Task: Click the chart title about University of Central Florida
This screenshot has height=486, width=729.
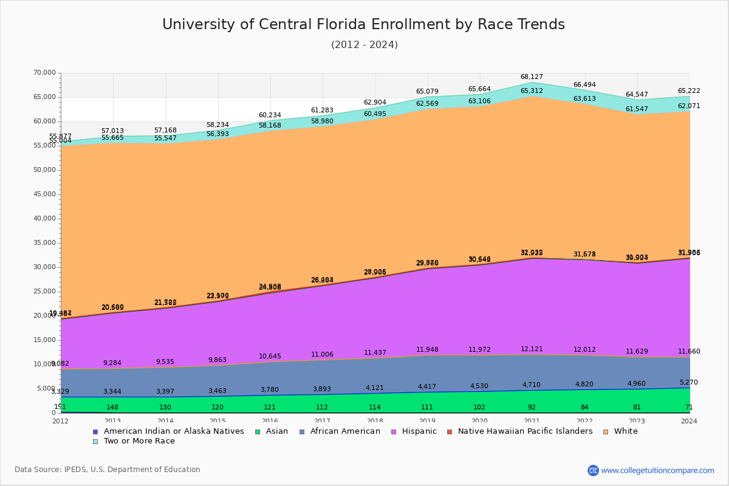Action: click(x=363, y=24)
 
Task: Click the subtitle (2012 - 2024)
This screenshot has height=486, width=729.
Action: click(x=364, y=45)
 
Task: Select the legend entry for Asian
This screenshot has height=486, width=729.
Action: click(x=277, y=431)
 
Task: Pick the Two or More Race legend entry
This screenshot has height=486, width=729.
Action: click(x=139, y=441)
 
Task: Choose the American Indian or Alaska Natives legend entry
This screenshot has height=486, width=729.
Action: click(x=173, y=431)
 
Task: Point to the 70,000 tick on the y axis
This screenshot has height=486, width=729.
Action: click(x=44, y=73)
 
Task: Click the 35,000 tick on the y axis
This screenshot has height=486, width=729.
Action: click(x=44, y=243)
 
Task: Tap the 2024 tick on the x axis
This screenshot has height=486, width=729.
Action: click(x=689, y=421)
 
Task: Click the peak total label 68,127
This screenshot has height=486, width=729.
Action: click(x=532, y=77)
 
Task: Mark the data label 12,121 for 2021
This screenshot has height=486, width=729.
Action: click(x=532, y=349)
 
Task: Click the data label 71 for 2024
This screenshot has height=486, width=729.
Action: click(x=689, y=407)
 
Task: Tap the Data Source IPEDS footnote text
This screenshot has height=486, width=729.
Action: click(x=107, y=470)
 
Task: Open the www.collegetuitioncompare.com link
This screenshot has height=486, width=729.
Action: click(x=657, y=470)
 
